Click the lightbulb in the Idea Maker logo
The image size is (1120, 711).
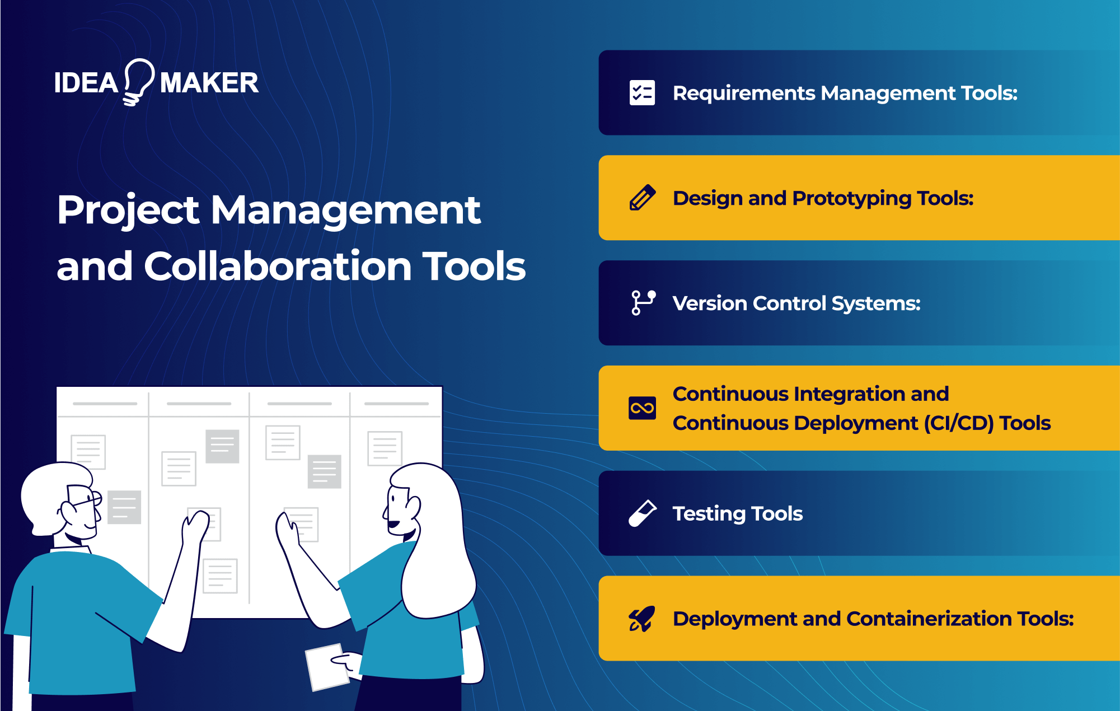[x=138, y=81]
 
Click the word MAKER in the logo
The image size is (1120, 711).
[x=209, y=83]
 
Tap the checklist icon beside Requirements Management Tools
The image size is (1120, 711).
[x=642, y=93]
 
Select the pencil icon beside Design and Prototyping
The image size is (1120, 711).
[x=642, y=198]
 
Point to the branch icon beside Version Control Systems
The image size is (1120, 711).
[x=643, y=303]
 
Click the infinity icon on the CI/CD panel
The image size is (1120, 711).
[x=642, y=408]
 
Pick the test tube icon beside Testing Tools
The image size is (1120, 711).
[x=642, y=513]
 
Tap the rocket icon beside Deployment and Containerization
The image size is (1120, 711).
[x=642, y=619]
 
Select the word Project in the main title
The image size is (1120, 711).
[x=128, y=211]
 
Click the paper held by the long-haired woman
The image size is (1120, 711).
[x=327, y=667]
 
